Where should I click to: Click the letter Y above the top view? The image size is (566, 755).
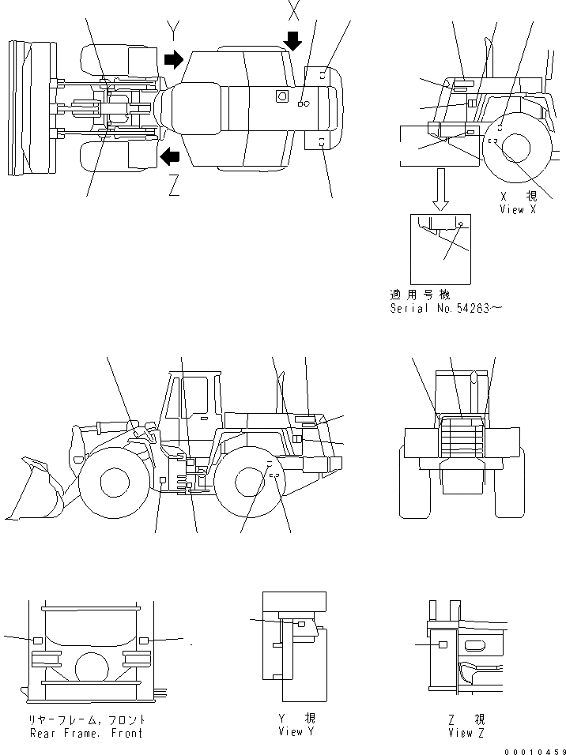[175, 32]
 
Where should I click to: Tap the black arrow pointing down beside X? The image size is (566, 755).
[293, 40]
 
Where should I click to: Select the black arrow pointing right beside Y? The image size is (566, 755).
[172, 59]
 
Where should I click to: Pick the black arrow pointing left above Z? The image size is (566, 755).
[169, 157]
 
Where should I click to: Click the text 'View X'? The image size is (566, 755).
[518, 209]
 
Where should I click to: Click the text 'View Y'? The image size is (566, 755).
[291, 732]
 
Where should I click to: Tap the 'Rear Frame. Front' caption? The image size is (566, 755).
[86, 733]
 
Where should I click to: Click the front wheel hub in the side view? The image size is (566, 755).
[115, 483]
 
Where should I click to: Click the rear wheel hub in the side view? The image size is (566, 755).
[249, 481]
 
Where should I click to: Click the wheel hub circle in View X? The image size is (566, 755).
[516, 148]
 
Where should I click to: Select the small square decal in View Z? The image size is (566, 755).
[443, 645]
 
